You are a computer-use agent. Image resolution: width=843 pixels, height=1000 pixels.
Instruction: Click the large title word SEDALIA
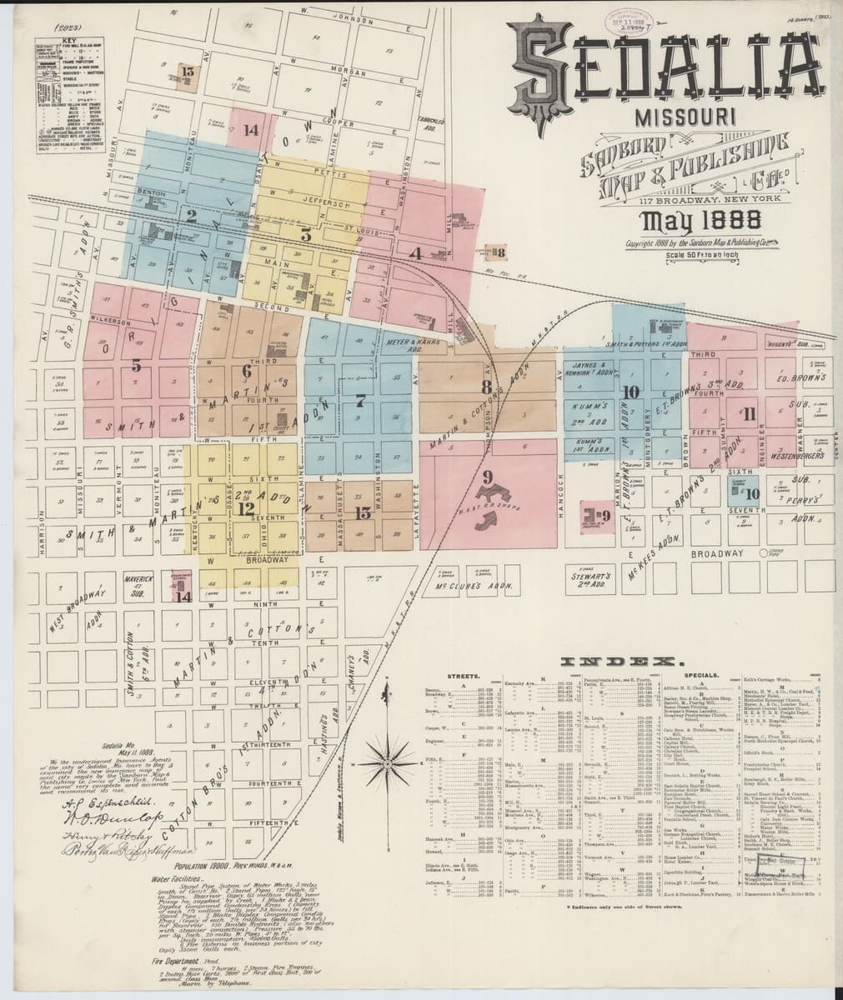coord(662,69)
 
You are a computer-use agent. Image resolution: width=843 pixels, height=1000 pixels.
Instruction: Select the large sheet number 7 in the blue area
coord(360,401)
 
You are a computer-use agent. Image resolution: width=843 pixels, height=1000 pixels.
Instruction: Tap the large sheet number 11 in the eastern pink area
coord(749,413)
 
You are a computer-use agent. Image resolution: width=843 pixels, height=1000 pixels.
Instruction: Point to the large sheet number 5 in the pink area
coord(136,365)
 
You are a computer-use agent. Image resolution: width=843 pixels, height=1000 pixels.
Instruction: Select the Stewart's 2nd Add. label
coord(593,577)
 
